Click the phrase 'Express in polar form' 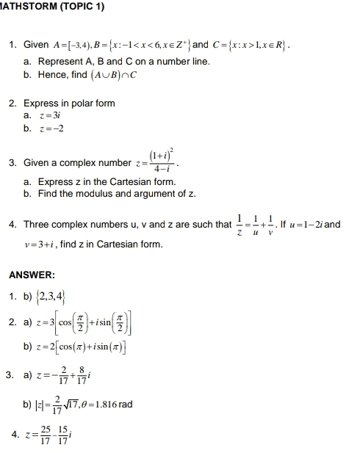click(x=69, y=103)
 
